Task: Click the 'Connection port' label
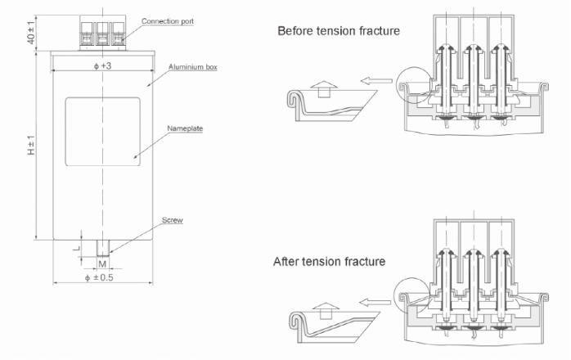(168, 20)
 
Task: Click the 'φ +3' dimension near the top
(102, 65)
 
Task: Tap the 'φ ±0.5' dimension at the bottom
(102, 278)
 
